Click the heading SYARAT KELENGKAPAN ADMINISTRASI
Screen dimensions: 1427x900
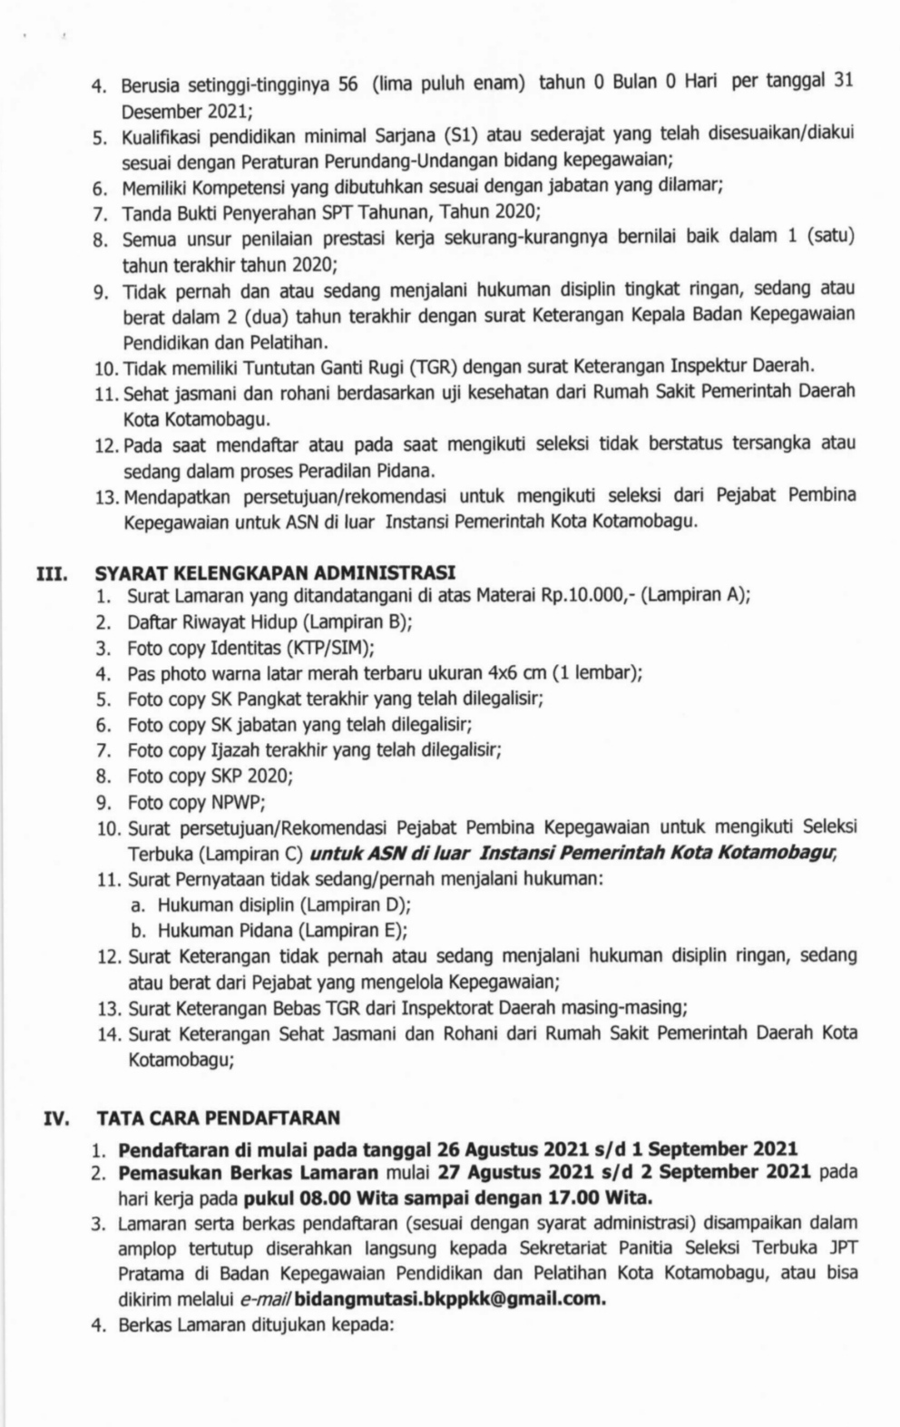[x=275, y=572]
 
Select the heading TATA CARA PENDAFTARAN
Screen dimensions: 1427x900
[x=219, y=1117]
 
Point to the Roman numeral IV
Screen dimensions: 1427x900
[x=56, y=1118]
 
